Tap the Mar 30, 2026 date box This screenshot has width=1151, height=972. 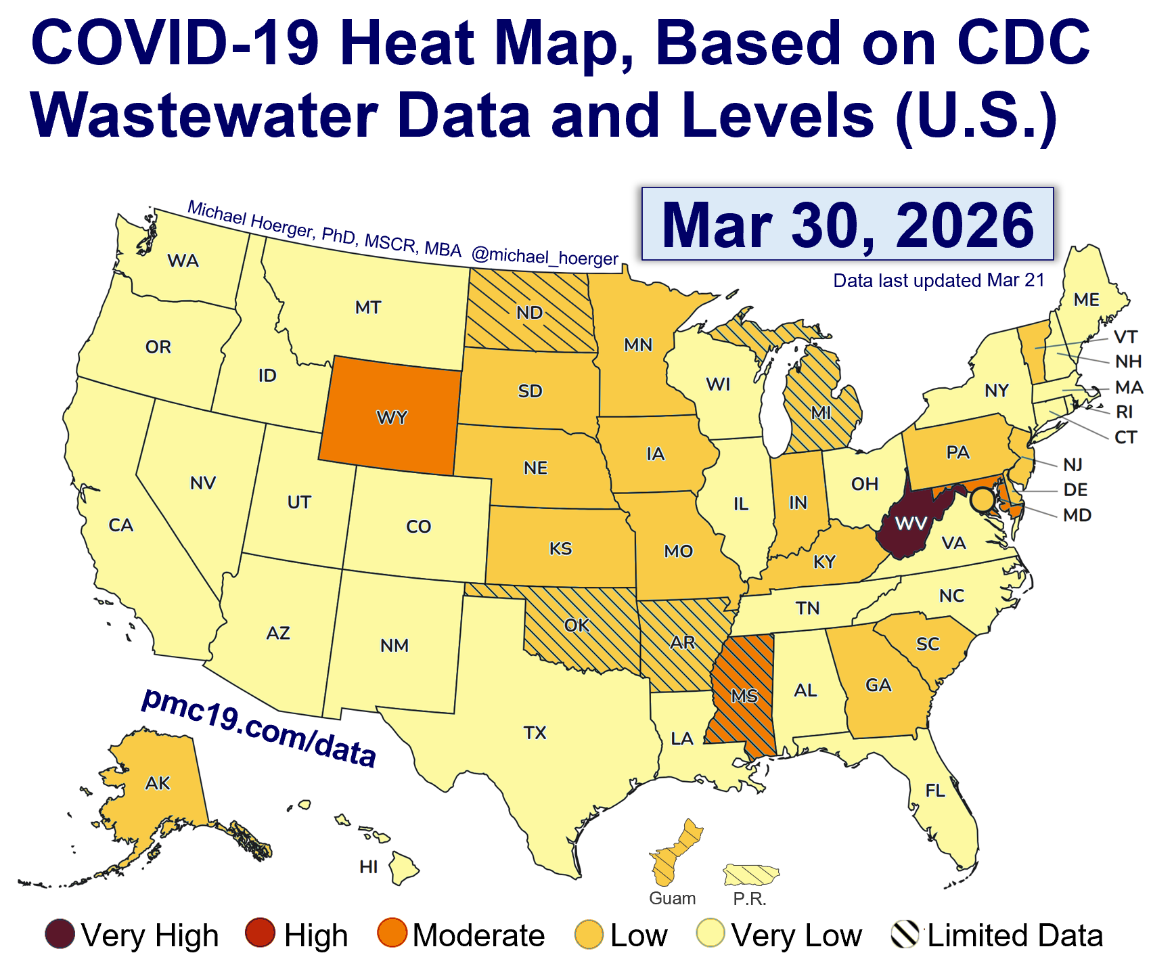pyautogui.click(x=847, y=225)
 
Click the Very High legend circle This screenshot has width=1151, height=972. pyautogui.click(x=60, y=934)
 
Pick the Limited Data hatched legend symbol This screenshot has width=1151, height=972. pyautogui.click(x=905, y=934)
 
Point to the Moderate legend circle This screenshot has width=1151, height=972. pyautogui.click(x=392, y=934)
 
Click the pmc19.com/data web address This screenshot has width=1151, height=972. pyautogui.click(x=258, y=728)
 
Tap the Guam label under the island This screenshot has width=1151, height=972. pyautogui.click(x=672, y=898)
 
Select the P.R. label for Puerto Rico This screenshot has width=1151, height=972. pyautogui.click(x=750, y=899)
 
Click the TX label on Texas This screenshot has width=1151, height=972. pyautogui.click(x=535, y=732)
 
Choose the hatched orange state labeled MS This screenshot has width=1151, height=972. pyautogui.click(x=744, y=696)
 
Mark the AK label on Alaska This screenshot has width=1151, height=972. pyautogui.click(x=158, y=783)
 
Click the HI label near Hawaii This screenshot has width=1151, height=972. pyautogui.click(x=369, y=866)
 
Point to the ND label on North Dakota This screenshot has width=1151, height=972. pyautogui.click(x=529, y=313)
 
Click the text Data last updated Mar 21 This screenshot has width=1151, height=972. pyautogui.click(x=939, y=280)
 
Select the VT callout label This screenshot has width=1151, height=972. pyautogui.click(x=1125, y=336)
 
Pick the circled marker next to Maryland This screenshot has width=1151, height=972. pyautogui.click(x=982, y=500)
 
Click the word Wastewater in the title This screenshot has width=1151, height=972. pyautogui.click(x=204, y=115)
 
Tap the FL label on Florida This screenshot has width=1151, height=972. pyautogui.click(x=934, y=790)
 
